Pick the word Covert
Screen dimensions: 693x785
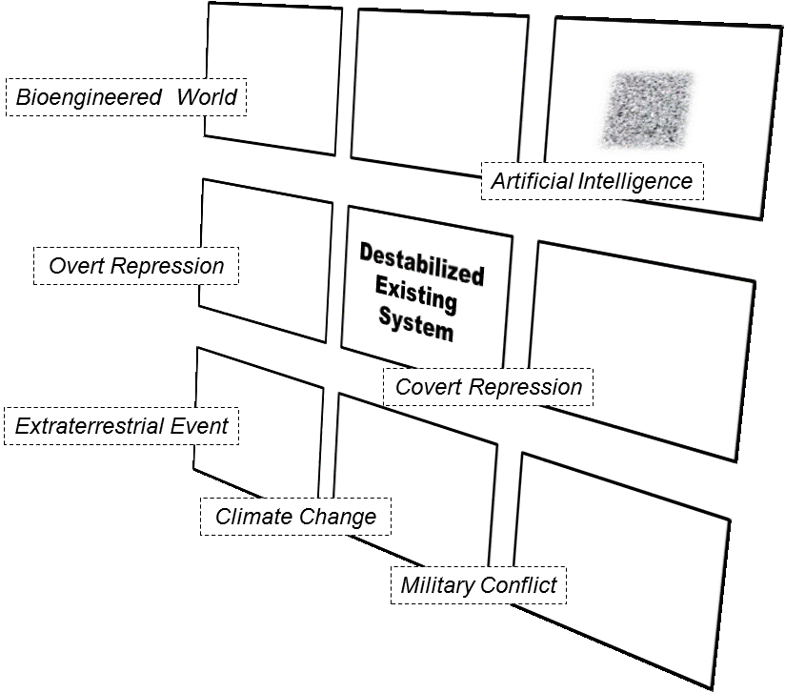pyautogui.click(x=428, y=387)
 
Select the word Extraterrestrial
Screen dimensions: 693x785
pyautogui.click(x=90, y=426)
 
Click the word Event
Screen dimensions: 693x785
pyautogui.click(x=200, y=426)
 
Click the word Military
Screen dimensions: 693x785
pyautogui.click(x=437, y=584)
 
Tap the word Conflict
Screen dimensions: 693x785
pyautogui.click(x=520, y=584)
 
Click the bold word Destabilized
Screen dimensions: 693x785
pyautogui.click(x=421, y=264)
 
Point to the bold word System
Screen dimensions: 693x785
pyautogui.click(x=415, y=324)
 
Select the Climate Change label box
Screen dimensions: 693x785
pyautogui.click(x=295, y=518)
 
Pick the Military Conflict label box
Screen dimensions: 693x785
pyautogui.click(x=478, y=584)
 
